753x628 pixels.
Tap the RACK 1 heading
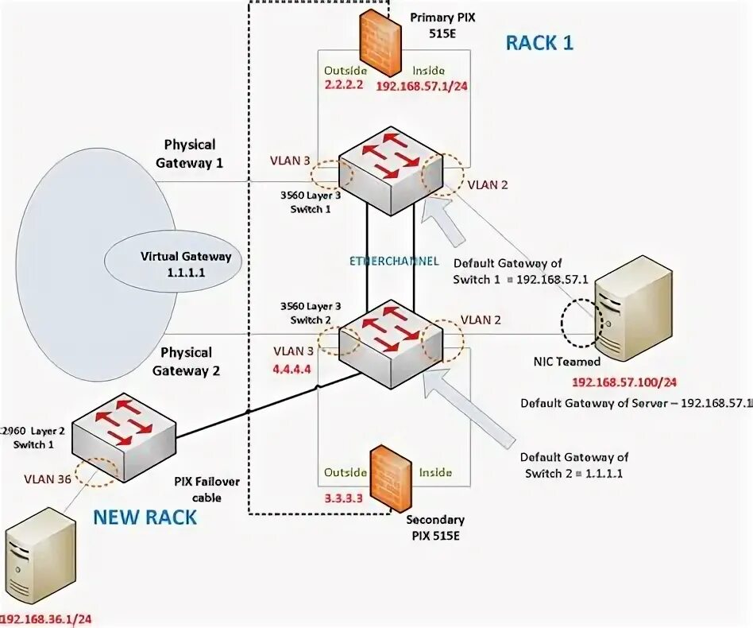click(x=539, y=43)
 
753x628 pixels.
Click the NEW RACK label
click(x=145, y=518)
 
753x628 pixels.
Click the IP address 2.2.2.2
click(x=343, y=84)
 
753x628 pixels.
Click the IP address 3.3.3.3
click(x=343, y=498)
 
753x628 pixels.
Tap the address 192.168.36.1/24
click(x=46, y=618)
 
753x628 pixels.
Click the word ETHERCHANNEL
click(x=393, y=261)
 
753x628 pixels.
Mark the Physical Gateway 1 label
click(x=189, y=153)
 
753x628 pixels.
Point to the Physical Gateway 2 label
click(x=187, y=361)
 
